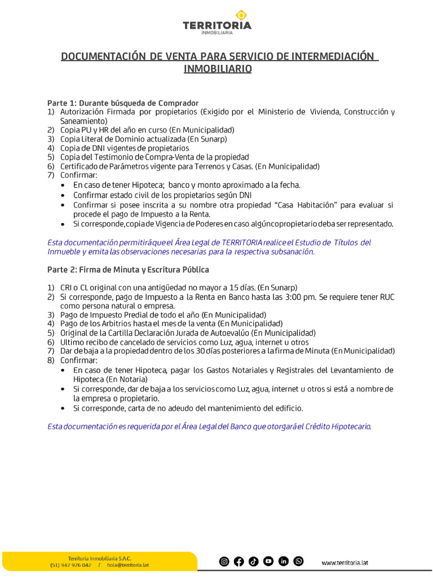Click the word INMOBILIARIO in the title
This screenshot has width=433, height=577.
tap(217, 69)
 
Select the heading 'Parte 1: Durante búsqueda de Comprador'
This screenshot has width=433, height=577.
tap(123, 103)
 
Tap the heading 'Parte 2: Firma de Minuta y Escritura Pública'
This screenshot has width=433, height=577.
tap(128, 269)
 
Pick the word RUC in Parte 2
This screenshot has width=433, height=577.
tap(387, 297)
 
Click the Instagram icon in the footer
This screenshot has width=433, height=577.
tap(224, 561)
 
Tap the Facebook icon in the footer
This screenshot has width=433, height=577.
tap(239, 561)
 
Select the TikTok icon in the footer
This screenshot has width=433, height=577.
tap(254, 561)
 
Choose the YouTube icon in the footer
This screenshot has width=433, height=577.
tap(268, 561)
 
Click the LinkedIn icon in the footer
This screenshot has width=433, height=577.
tap(284, 561)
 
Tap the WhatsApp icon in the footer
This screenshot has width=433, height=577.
tap(298, 561)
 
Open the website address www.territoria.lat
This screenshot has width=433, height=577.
tap(345, 562)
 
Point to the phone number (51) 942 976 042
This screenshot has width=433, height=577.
tap(70, 565)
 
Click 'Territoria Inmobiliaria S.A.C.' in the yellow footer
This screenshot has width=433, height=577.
tap(99, 558)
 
